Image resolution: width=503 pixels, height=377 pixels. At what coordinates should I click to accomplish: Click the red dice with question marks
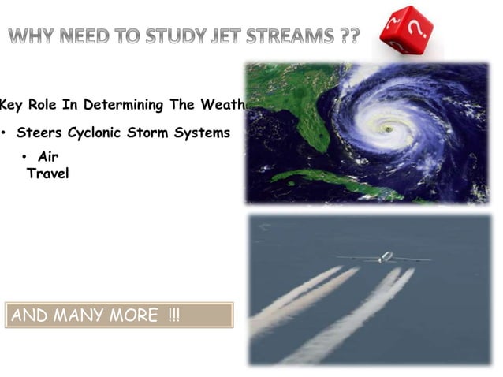pyautogui.click(x=407, y=32)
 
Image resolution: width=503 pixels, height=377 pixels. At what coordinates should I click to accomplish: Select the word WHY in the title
pyautogui.click(x=35, y=37)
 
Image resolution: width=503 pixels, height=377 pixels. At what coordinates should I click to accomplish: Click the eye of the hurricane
pyautogui.click(x=387, y=127)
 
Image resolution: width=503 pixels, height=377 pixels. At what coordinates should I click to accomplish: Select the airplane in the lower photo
pyautogui.click(x=385, y=257)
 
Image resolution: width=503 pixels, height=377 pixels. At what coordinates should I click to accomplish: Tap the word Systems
pyautogui.click(x=204, y=133)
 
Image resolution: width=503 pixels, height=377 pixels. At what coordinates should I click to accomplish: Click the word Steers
pyautogui.click(x=39, y=133)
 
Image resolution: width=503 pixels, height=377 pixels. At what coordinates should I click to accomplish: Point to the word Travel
pyautogui.click(x=48, y=173)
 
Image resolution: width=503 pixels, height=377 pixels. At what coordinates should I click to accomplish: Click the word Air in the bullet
pyautogui.click(x=47, y=156)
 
